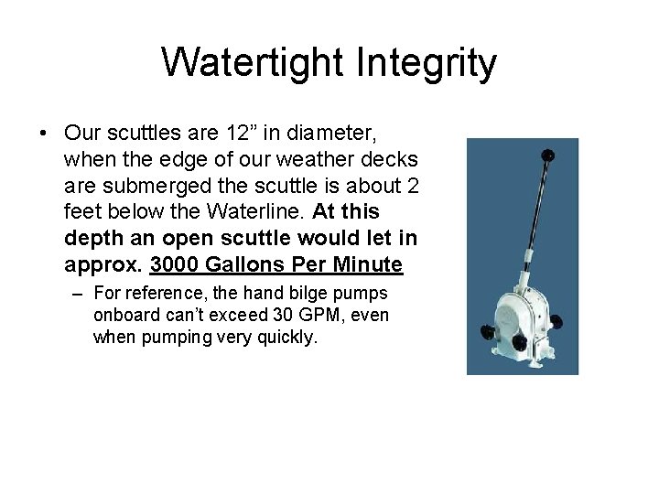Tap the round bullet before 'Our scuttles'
point(44,133)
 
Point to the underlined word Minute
point(367,265)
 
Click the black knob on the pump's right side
point(556,321)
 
